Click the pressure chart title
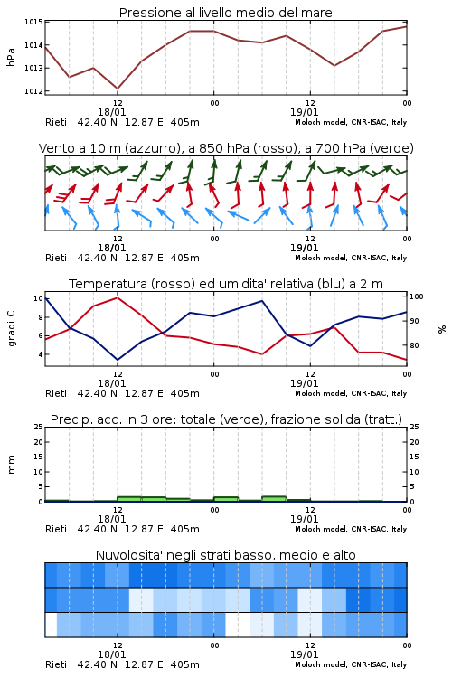pos(225,13)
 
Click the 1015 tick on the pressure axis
pos(33,22)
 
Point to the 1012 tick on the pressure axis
pos(33,91)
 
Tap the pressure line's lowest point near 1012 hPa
pos(118,89)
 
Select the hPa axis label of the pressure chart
pos(11,57)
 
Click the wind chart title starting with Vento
pos(226,148)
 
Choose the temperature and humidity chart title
pos(226,284)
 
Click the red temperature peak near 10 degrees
pos(118,297)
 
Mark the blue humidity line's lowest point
pos(118,360)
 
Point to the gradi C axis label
pos(11,329)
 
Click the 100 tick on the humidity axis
pos(417,297)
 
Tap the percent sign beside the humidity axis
pos(442,329)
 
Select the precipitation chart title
pos(226,419)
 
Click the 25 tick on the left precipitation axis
pos(39,427)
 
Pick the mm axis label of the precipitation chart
pos(11,465)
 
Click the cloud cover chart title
pos(226,555)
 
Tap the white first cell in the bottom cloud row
pos(51,625)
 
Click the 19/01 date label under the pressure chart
pos(304,112)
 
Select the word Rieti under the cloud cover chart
pos(56,664)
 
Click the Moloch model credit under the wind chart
pos(351,258)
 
